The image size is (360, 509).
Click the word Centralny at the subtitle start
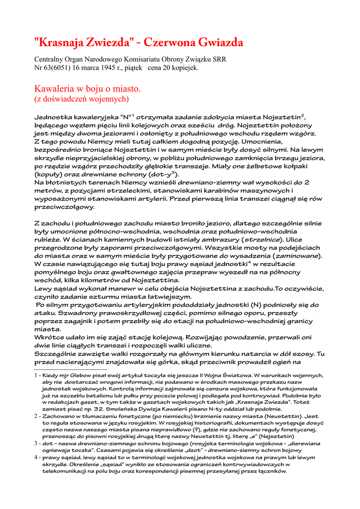(x=49, y=59)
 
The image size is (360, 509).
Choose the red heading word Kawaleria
(x=53, y=89)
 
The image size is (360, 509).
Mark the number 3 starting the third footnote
(x=36, y=443)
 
